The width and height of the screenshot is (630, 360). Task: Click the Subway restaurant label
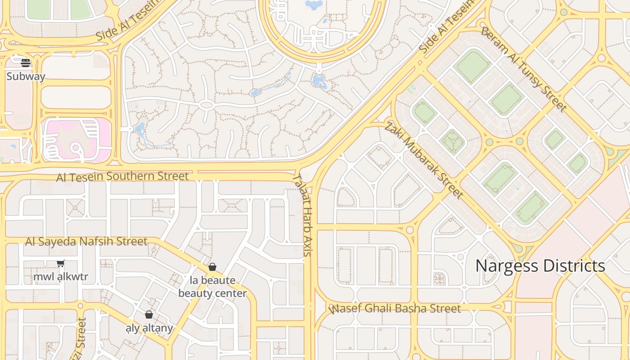click(26, 76)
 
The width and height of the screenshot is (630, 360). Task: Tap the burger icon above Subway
click(26, 62)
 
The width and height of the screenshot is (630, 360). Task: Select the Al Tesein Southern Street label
click(122, 176)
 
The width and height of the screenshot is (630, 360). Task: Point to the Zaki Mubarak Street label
click(423, 160)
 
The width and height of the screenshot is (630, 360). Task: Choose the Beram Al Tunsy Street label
click(523, 69)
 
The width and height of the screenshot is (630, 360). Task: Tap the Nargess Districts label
click(540, 266)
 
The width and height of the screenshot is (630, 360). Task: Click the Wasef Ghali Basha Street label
click(395, 309)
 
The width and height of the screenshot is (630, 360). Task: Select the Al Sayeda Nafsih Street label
click(86, 242)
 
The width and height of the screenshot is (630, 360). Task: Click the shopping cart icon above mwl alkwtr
click(61, 264)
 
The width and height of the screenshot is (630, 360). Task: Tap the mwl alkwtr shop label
click(61, 276)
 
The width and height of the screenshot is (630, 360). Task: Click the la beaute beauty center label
click(212, 287)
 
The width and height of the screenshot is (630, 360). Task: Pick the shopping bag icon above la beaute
click(212, 267)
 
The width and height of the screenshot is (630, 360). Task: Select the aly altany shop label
click(149, 328)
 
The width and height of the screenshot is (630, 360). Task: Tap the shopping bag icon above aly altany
click(149, 315)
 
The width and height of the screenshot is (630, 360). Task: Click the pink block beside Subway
click(76, 139)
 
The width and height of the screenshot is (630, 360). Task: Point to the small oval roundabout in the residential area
click(207, 105)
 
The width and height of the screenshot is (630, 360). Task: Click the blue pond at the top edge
click(314, 4)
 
